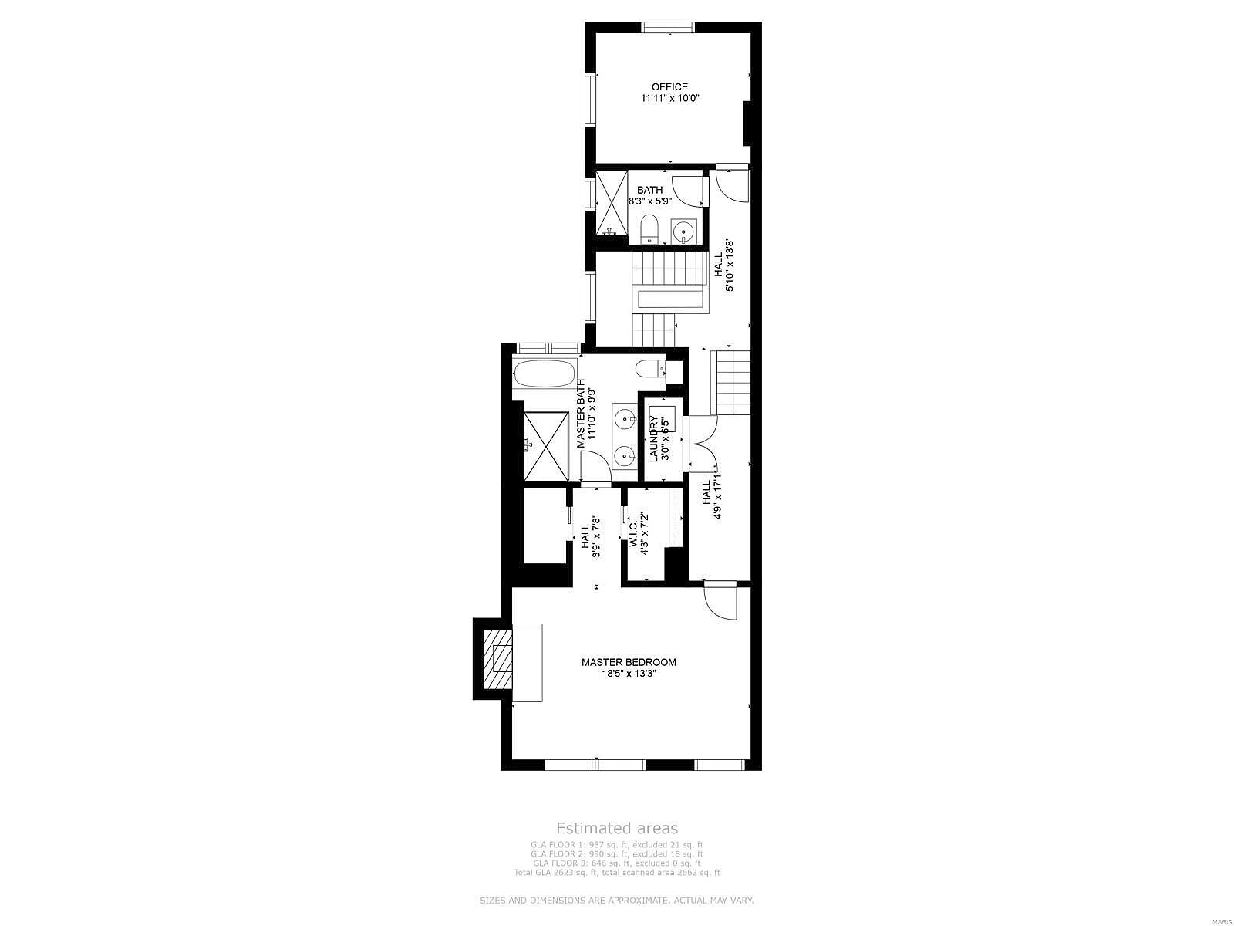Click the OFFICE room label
(669, 87)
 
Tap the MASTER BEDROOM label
(629, 662)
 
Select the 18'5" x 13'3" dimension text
(629, 674)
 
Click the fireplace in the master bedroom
(497, 659)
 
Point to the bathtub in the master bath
(545, 374)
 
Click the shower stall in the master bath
(546, 445)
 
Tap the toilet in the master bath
(652, 367)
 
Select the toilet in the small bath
(649, 228)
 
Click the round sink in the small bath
(683, 231)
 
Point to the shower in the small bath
(611, 203)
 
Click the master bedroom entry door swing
(722, 602)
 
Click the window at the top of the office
(669, 28)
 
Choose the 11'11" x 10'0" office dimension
(669, 99)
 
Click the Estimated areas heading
(617, 828)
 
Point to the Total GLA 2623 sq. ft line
(617, 873)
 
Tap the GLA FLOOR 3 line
(617, 863)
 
